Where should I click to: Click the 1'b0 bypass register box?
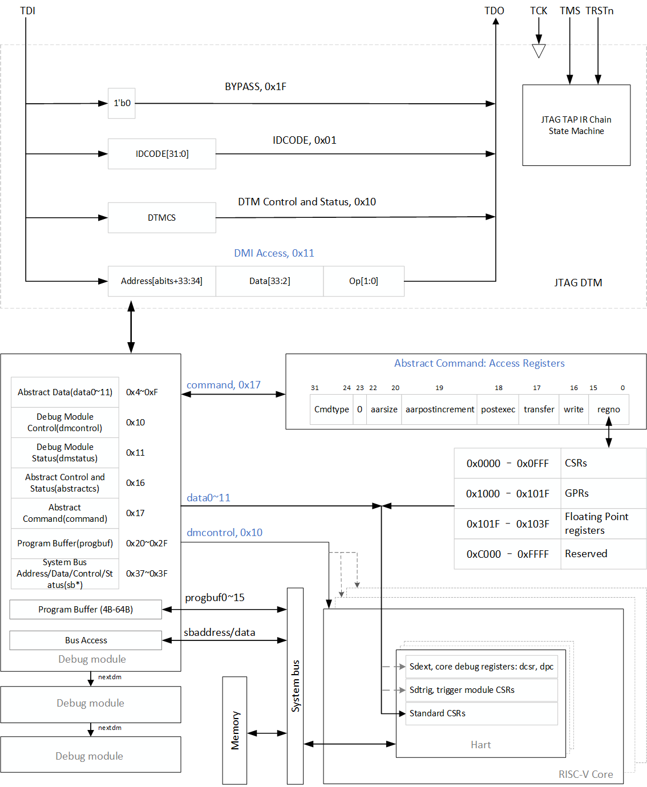(x=122, y=103)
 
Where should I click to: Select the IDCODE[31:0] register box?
(x=161, y=154)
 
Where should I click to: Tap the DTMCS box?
(x=161, y=218)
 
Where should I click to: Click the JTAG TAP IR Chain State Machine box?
(x=576, y=125)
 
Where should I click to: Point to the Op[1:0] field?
(x=363, y=281)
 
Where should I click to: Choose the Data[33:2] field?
(x=269, y=281)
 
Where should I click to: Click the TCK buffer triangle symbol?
(x=539, y=51)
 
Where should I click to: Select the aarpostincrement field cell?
(x=439, y=409)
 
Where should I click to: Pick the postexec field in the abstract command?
(x=498, y=409)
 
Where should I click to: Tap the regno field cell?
(x=608, y=409)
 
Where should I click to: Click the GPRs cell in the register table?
(x=577, y=493)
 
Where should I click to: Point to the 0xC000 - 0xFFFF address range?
(x=507, y=554)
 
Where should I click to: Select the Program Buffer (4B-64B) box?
(x=86, y=610)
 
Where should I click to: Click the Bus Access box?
(x=86, y=640)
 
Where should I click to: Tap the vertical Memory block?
(x=234, y=731)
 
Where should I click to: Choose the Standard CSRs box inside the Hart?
(x=481, y=713)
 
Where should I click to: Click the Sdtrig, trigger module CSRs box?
(x=481, y=690)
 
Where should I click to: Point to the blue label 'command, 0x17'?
(x=223, y=385)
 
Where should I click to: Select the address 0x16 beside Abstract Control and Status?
(x=135, y=483)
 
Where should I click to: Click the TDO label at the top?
(x=494, y=11)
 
